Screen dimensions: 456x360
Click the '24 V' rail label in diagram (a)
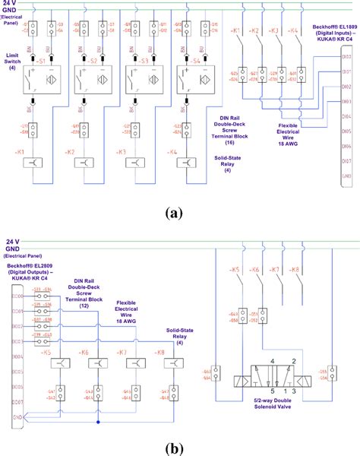(10, 5)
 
